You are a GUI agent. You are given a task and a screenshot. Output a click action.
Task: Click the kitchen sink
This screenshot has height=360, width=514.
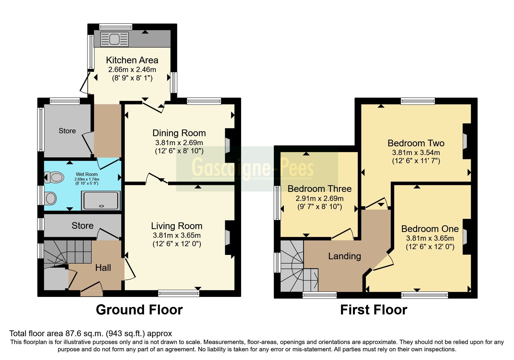click(114, 39)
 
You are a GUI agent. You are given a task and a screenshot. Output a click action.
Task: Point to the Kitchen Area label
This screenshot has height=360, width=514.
click(132, 60)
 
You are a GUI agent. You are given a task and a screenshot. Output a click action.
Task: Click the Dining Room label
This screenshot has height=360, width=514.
click(179, 133)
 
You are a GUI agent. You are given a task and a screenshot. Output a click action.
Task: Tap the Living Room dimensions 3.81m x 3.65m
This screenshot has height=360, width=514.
click(177, 235)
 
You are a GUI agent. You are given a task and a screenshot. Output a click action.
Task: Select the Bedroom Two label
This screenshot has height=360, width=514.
click(416, 143)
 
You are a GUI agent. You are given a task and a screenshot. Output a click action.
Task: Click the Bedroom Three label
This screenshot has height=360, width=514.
click(320, 189)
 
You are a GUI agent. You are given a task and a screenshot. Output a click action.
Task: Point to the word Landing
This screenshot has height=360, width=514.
click(345, 256)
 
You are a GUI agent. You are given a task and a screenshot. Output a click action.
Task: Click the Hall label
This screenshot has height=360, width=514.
click(103, 268)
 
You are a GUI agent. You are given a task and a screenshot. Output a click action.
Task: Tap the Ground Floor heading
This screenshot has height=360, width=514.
click(139, 310)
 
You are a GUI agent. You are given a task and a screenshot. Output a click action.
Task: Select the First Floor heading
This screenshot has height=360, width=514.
click(374, 310)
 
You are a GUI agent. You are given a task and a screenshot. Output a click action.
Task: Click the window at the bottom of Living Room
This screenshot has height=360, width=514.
click(179, 294)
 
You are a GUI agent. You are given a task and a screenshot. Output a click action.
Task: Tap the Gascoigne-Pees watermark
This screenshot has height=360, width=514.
click(253, 168)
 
